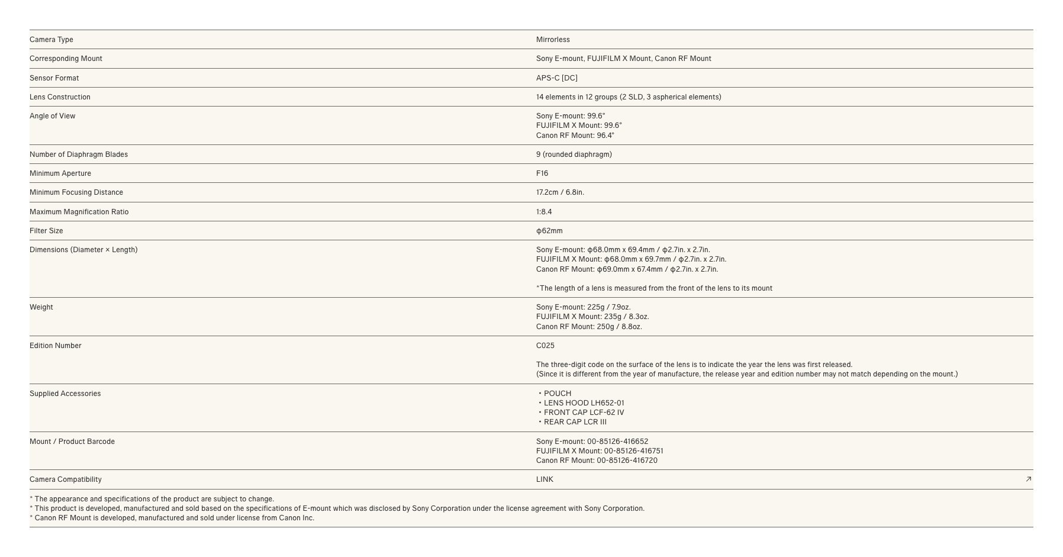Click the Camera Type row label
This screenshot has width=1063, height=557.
click(x=51, y=40)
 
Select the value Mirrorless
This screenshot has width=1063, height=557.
click(x=553, y=40)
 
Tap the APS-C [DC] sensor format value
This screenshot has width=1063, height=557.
click(x=556, y=78)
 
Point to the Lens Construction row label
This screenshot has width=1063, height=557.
click(x=60, y=97)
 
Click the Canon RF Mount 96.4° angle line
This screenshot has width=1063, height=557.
click(x=575, y=136)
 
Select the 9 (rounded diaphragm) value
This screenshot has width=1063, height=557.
click(x=574, y=154)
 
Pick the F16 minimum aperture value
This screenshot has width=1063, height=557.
click(x=542, y=173)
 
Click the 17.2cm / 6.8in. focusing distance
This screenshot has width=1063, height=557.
click(x=560, y=192)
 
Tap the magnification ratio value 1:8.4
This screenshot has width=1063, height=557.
click(x=544, y=212)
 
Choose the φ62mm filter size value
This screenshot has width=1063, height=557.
click(x=549, y=231)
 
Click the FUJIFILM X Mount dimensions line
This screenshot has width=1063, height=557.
click(x=631, y=259)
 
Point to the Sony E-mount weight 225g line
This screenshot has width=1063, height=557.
click(x=583, y=307)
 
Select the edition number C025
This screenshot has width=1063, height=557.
click(x=545, y=346)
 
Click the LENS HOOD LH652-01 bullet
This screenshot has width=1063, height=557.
click(x=584, y=403)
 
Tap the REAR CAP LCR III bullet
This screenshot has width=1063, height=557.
click(x=575, y=422)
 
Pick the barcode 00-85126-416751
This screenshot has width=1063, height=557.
click(x=600, y=451)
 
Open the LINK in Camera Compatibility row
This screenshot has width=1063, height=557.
click(x=545, y=479)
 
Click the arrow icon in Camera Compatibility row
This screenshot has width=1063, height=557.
click(x=1028, y=479)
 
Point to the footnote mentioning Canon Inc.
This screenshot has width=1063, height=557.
click(x=172, y=518)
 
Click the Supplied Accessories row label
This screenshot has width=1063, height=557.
click(x=65, y=394)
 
